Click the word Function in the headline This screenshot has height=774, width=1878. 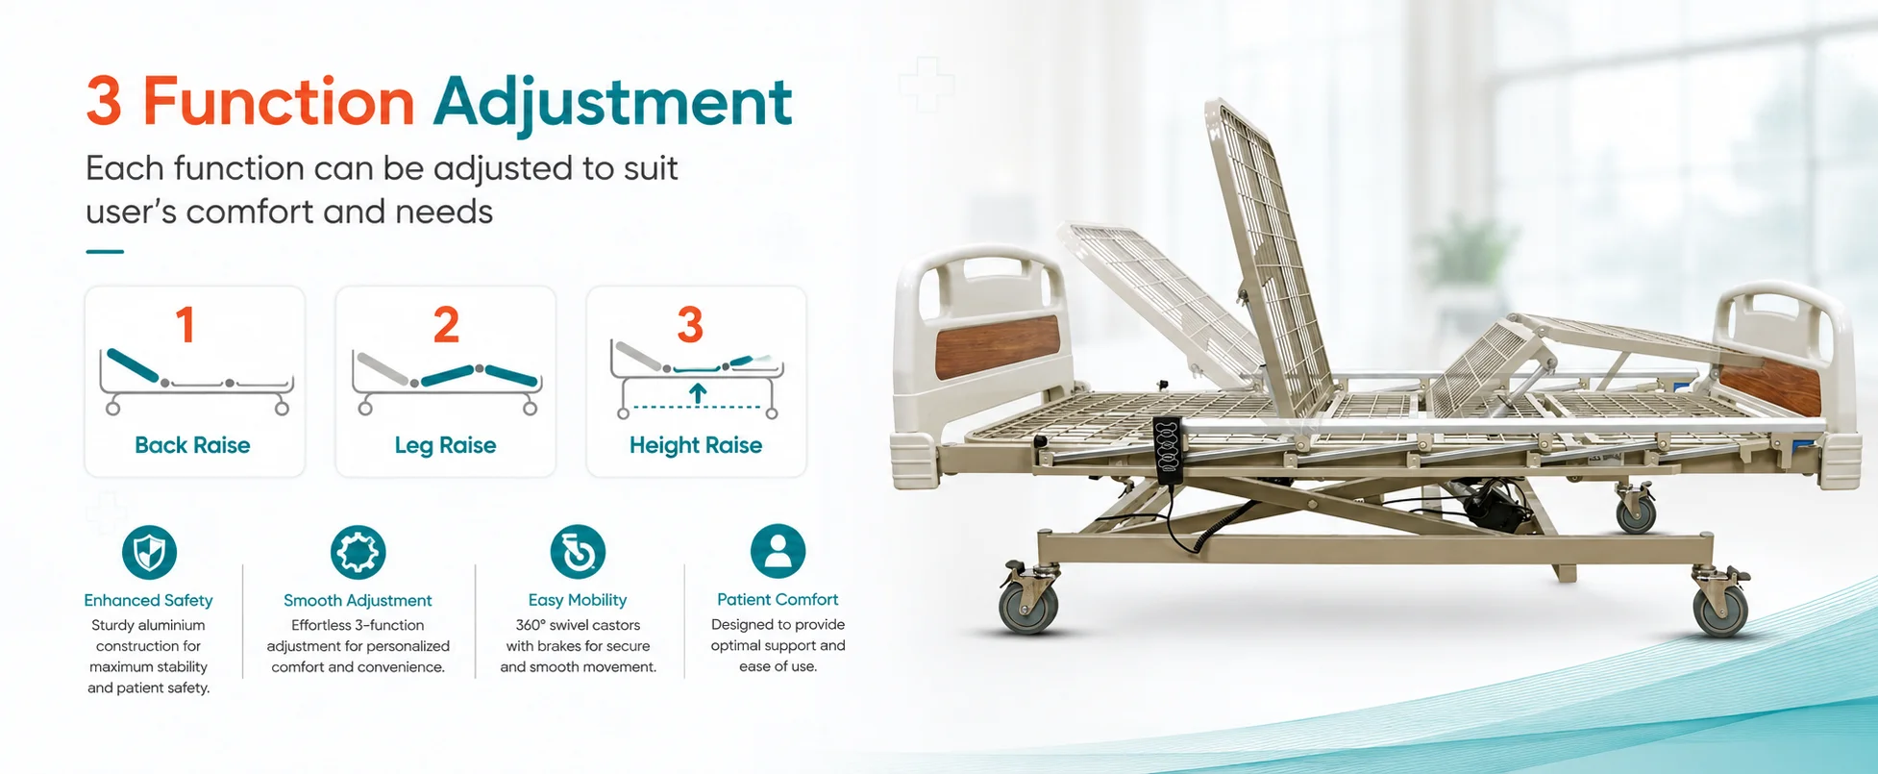click(x=279, y=101)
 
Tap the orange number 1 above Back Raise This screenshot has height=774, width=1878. click(x=185, y=325)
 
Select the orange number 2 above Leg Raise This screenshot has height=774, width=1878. click(x=446, y=325)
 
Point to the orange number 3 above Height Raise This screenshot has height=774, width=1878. click(x=690, y=325)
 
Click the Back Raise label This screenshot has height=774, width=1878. click(x=192, y=445)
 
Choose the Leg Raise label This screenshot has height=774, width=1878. click(x=445, y=445)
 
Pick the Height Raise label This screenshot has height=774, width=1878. click(x=696, y=445)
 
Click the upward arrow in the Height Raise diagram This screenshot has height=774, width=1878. click(x=698, y=392)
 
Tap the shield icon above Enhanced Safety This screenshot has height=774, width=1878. click(x=150, y=552)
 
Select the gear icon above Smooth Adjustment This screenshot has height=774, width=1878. click(x=358, y=552)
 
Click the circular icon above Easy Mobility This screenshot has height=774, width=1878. click(x=578, y=552)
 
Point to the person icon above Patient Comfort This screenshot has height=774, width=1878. click(x=778, y=551)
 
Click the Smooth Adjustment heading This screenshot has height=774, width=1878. click(x=358, y=601)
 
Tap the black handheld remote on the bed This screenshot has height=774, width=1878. click(x=1167, y=448)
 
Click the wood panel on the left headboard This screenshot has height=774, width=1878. click(x=997, y=346)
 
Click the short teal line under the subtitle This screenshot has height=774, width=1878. click(x=105, y=252)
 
